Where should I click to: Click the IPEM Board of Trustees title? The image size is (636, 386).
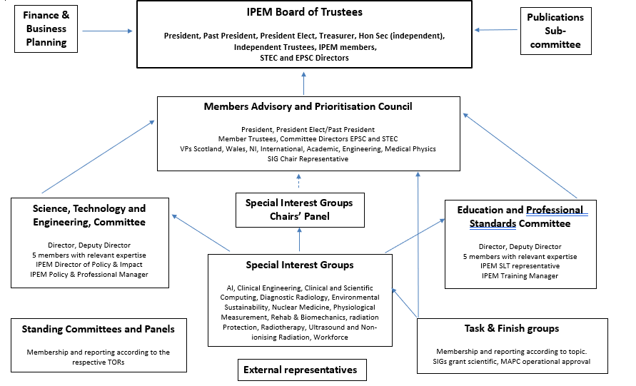304,12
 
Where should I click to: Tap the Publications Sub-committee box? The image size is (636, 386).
555,31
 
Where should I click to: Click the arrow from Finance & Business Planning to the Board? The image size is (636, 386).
107,31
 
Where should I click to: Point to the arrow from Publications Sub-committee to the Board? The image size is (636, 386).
498,29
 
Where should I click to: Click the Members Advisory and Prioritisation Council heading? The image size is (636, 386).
308,106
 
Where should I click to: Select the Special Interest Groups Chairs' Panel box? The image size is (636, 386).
298,210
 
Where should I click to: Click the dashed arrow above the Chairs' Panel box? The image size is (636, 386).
299,182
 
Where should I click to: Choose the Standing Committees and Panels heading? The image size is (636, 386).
98,329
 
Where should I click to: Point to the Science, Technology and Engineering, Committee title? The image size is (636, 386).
89,215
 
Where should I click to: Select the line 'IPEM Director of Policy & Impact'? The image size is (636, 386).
89,265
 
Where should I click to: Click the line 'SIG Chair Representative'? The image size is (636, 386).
308,158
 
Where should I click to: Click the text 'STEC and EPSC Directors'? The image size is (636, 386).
304,58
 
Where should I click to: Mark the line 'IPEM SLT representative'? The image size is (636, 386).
518,266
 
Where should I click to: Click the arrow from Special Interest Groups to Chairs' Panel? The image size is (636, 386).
299,240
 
